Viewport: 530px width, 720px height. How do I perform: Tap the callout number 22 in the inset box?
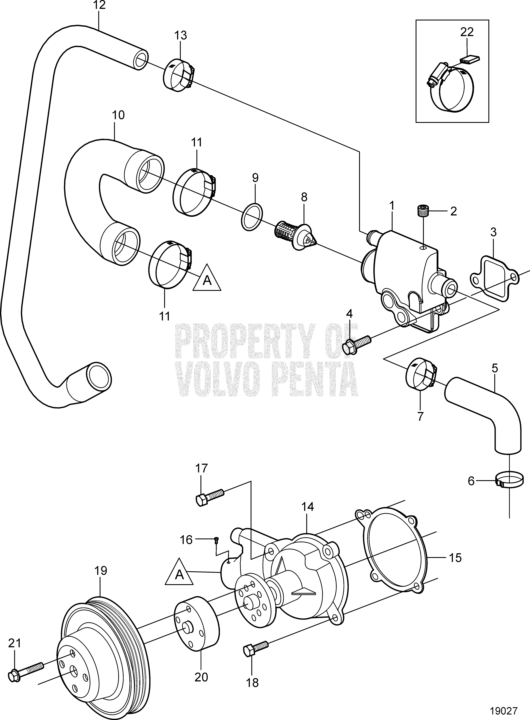[x=467, y=32]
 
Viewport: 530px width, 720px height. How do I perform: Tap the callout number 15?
[x=455, y=558]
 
